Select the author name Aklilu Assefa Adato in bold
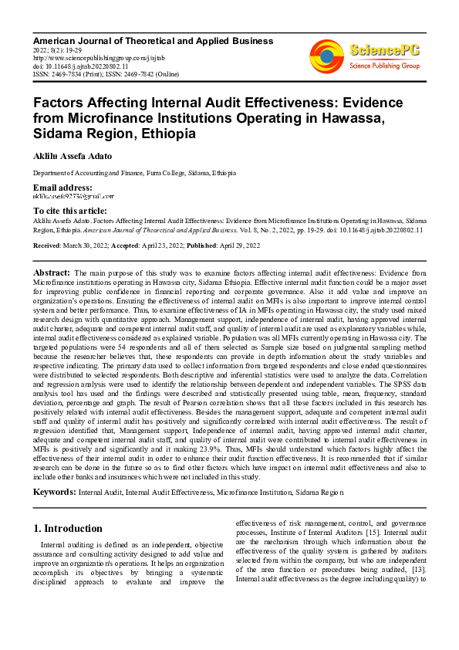click(72, 156)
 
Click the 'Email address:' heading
click(62, 188)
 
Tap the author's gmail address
click(73, 197)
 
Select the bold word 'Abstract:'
click(52, 273)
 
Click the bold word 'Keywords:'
click(54, 491)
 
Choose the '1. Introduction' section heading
click(69, 529)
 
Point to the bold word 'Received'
click(48, 245)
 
